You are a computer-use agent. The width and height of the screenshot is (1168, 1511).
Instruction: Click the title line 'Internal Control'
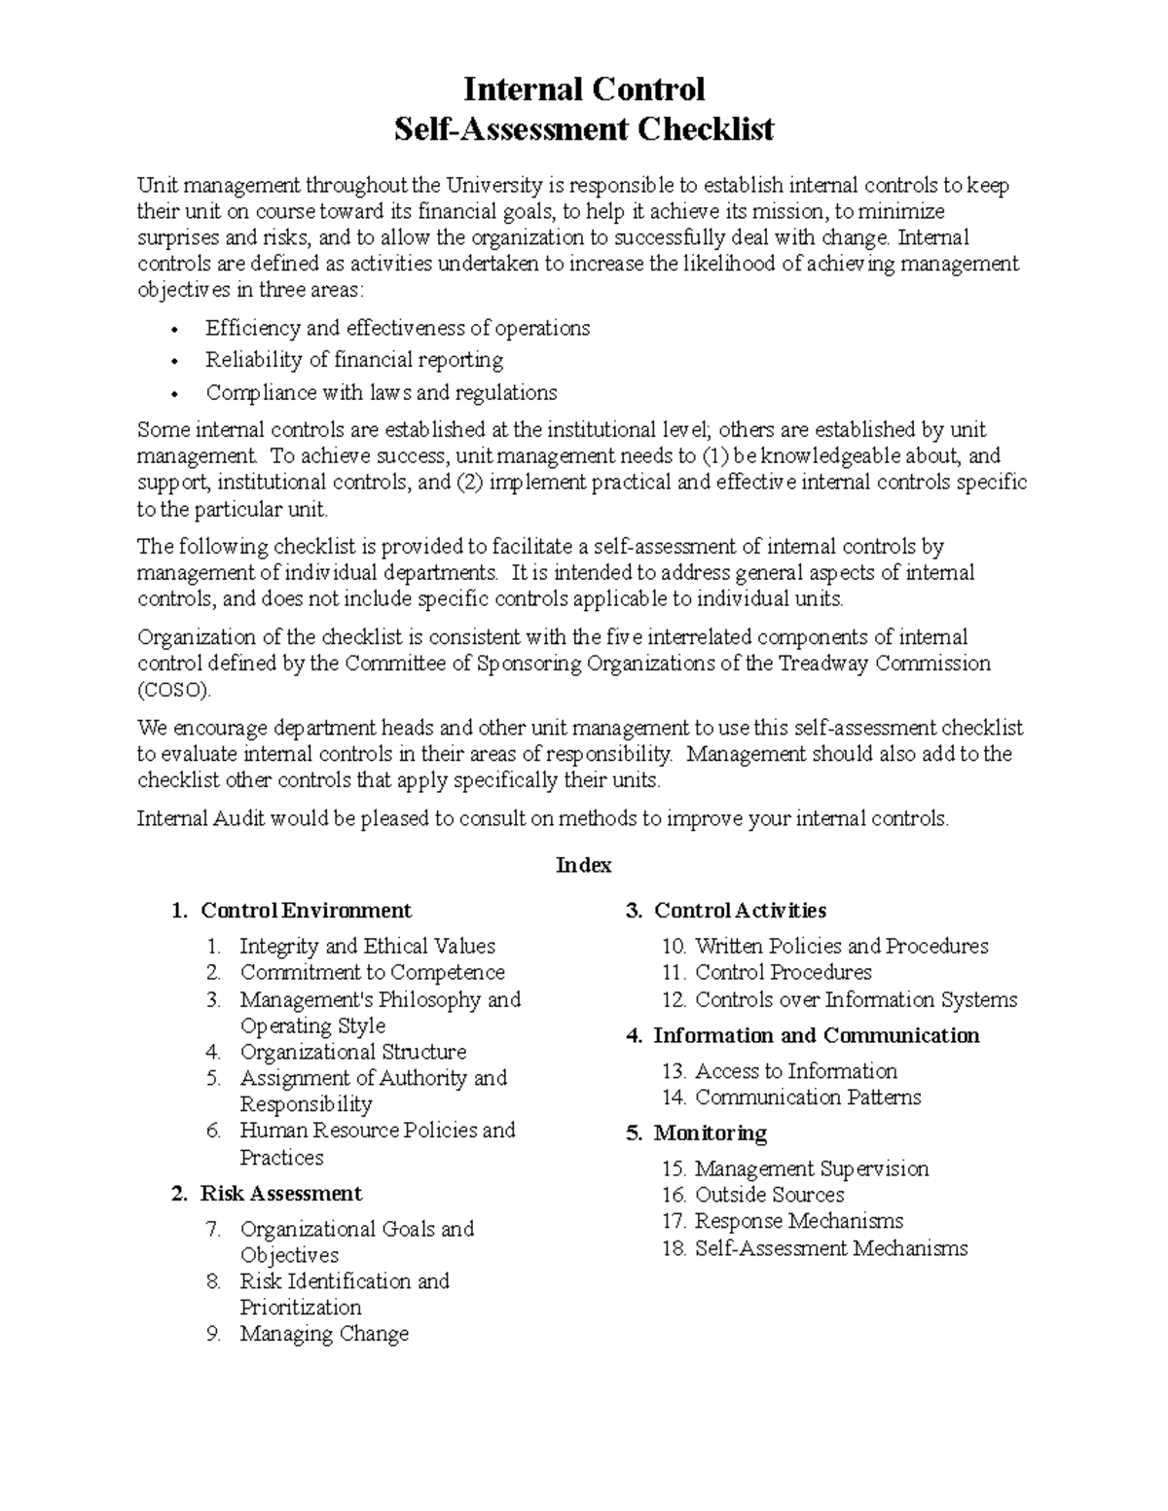pyautogui.click(x=583, y=90)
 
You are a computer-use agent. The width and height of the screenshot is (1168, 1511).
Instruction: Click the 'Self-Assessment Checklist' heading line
pyautogui.click(x=583, y=128)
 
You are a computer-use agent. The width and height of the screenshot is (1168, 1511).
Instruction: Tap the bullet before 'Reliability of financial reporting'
pyautogui.click(x=174, y=362)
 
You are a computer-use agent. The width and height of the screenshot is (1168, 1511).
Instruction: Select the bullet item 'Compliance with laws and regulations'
pyautogui.click(x=381, y=393)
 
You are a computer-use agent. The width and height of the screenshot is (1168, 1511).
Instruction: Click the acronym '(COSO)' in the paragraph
pyautogui.click(x=173, y=690)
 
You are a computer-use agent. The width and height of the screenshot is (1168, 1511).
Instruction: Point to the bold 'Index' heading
pyautogui.click(x=583, y=865)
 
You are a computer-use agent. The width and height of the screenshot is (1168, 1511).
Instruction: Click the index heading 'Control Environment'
pyautogui.click(x=306, y=911)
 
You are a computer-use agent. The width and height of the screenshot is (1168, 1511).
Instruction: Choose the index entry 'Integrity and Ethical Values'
pyautogui.click(x=367, y=946)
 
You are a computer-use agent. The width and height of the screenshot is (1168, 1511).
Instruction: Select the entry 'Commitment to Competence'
pyautogui.click(x=372, y=972)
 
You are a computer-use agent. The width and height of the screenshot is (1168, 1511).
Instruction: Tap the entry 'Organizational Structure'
pyautogui.click(x=352, y=1052)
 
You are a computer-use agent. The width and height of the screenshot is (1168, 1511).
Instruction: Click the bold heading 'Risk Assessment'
pyautogui.click(x=280, y=1194)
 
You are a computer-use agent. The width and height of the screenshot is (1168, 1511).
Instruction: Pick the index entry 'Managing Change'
pyautogui.click(x=324, y=1334)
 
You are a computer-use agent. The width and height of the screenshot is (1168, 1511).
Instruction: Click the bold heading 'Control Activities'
pyautogui.click(x=739, y=911)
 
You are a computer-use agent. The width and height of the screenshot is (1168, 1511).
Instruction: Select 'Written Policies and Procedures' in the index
pyautogui.click(x=841, y=946)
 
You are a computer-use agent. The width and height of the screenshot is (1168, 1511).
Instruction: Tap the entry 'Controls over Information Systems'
pyautogui.click(x=856, y=999)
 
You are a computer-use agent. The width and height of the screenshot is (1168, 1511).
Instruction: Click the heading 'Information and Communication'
pyautogui.click(x=816, y=1035)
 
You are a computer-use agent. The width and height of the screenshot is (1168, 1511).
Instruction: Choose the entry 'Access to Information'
pyautogui.click(x=795, y=1071)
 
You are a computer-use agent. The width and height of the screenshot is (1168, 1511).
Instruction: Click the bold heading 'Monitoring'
pyautogui.click(x=710, y=1133)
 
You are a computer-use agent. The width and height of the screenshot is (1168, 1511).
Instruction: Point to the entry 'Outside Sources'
pyautogui.click(x=769, y=1195)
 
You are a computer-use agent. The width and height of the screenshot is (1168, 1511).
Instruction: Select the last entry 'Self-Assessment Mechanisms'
pyautogui.click(x=830, y=1248)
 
